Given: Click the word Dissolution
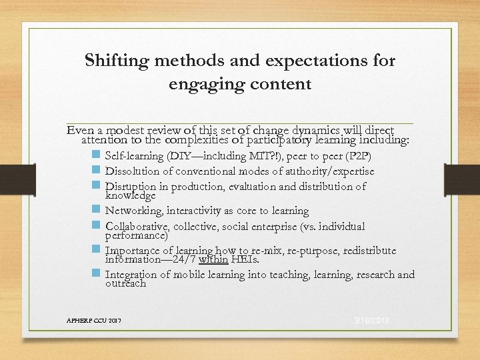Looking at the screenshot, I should (x=134, y=171).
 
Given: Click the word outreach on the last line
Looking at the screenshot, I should (x=125, y=283).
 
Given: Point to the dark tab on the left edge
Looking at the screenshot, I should (x=15, y=181).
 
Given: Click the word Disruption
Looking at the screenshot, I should (x=131, y=187).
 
